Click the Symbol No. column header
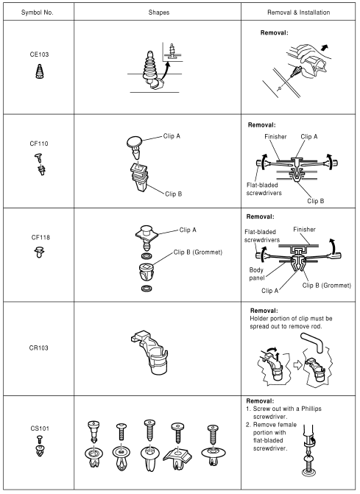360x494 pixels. coord(37,13)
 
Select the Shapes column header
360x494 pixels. coord(159,13)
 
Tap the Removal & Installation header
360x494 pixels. coord(299,13)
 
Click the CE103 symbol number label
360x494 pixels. coord(39,54)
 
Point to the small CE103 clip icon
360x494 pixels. coord(39,71)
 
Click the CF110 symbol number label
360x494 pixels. coord(39,144)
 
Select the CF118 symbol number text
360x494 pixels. coord(40,237)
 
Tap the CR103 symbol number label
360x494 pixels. coord(38,348)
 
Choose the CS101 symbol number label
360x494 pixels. coord(40,428)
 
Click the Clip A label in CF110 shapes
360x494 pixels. coord(172,136)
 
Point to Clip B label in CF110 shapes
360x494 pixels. coord(174,194)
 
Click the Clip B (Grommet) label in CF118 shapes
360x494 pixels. coord(198,253)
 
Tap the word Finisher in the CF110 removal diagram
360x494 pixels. coord(275,137)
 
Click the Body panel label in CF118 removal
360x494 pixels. coord(256,274)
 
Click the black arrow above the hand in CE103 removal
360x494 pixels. coord(324,48)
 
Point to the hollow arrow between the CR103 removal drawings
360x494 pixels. coord(297,365)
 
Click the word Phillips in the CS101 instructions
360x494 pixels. coord(311,409)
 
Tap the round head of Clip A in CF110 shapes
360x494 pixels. coord(134,141)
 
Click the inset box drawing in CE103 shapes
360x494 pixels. coord(173,52)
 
